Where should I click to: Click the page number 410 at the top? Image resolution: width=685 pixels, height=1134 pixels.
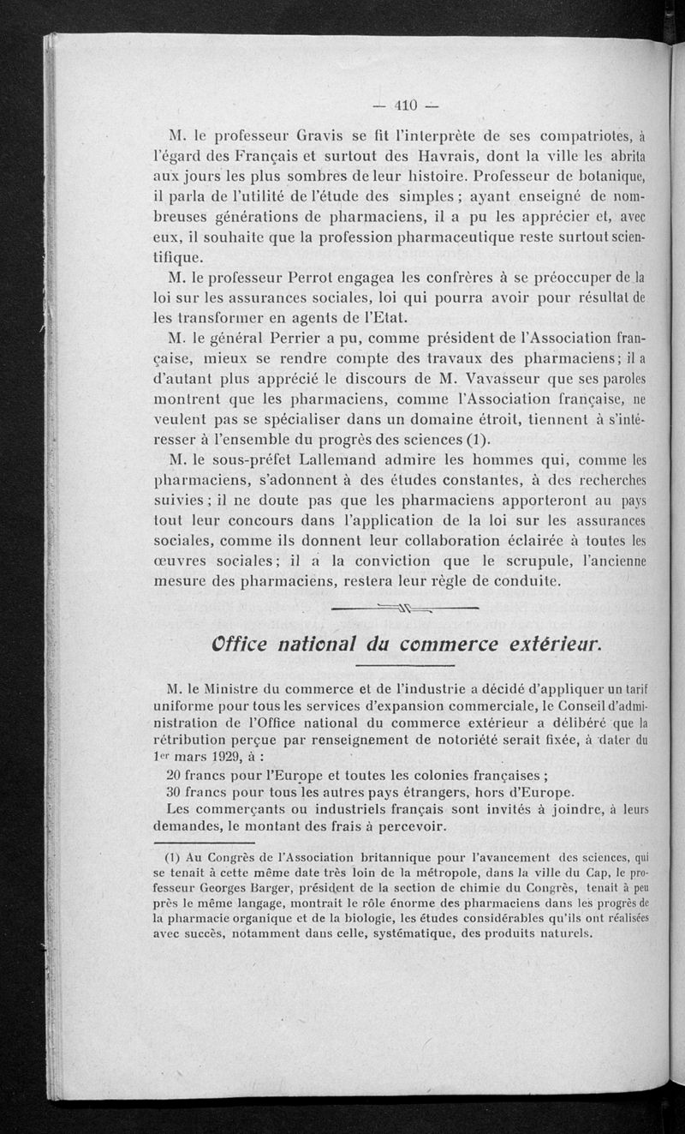pos(405,106)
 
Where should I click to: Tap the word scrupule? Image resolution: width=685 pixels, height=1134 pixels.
pos(568,561)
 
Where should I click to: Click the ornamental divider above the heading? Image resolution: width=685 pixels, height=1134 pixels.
pos(403,609)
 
